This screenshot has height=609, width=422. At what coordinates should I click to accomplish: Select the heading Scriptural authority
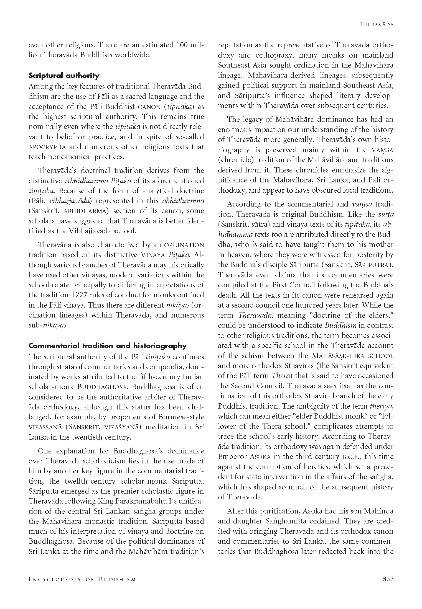[x=64, y=76]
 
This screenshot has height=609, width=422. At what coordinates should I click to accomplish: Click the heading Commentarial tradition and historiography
[x=108, y=346]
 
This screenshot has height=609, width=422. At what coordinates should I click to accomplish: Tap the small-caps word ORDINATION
[x=184, y=245]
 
